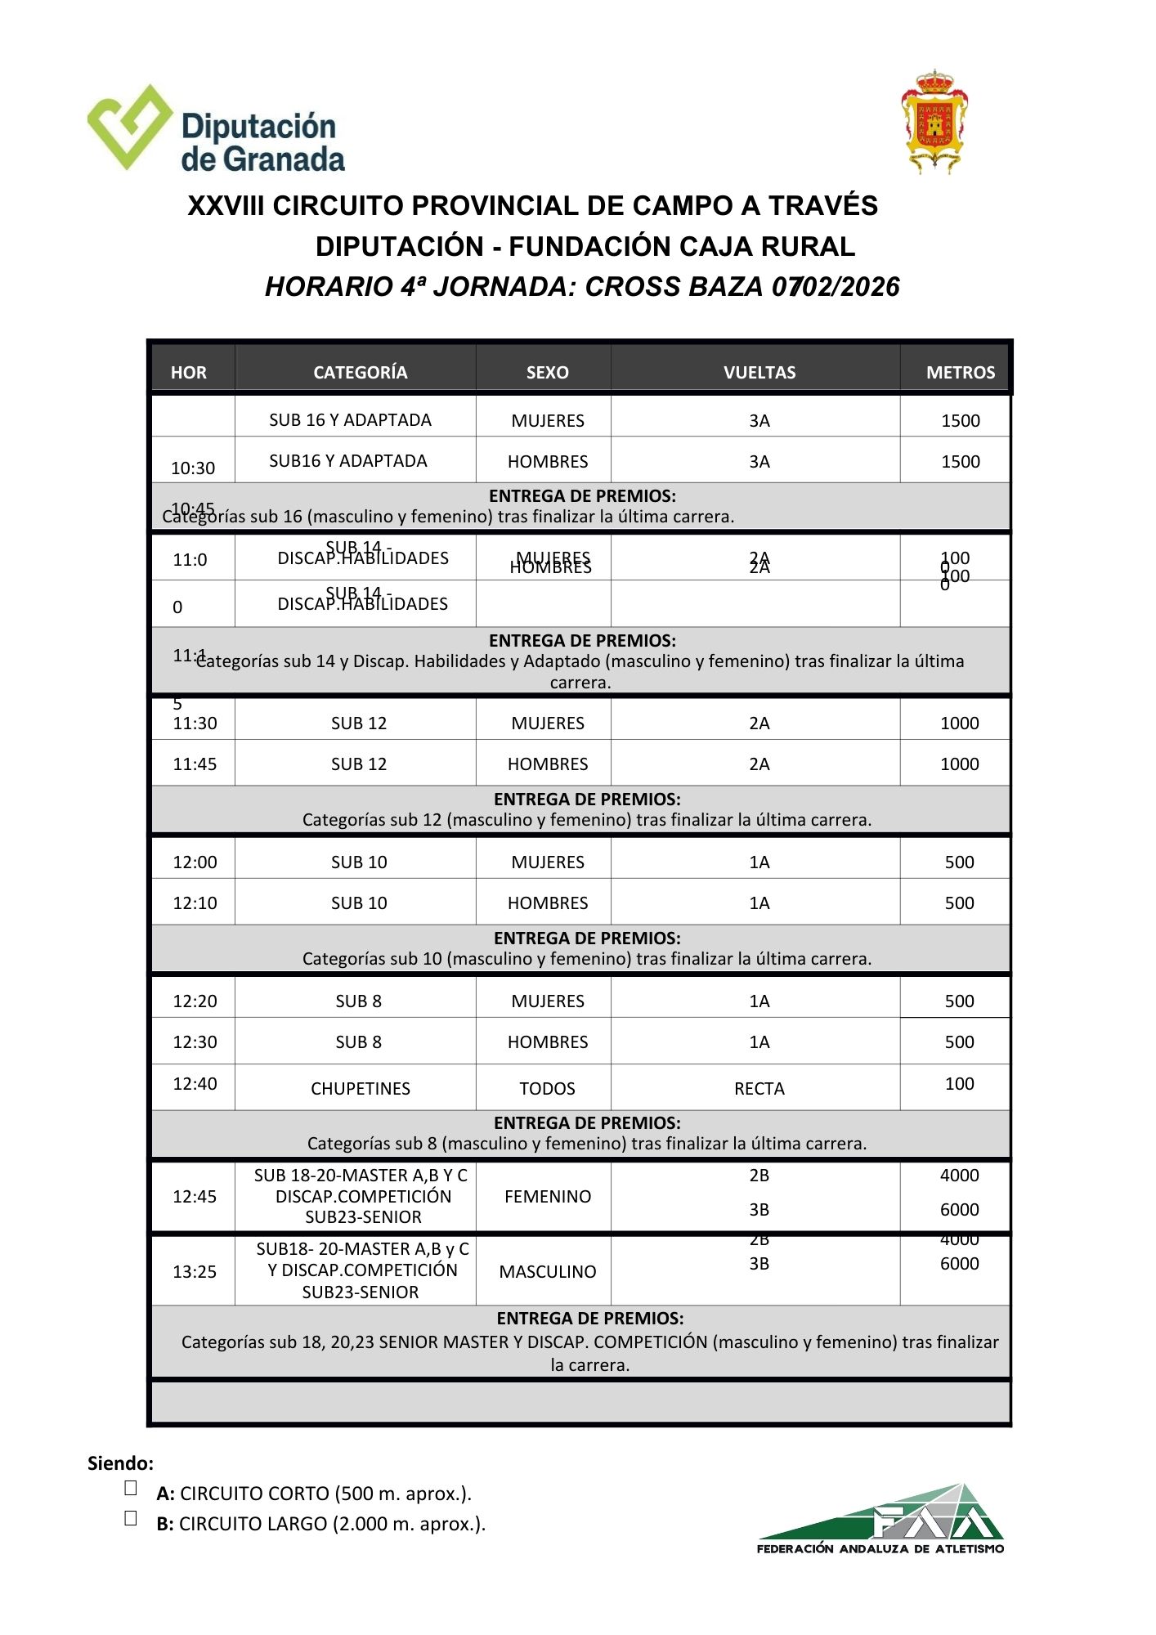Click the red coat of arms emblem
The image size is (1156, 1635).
(934, 122)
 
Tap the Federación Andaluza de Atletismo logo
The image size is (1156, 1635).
(881, 1518)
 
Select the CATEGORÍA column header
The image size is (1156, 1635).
(360, 373)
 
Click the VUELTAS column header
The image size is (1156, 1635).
(759, 373)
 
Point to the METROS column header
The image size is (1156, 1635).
(960, 373)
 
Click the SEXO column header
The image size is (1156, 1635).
(547, 373)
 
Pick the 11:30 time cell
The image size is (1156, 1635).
(195, 723)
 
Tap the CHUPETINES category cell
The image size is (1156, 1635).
(360, 1089)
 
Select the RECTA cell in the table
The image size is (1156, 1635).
(759, 1089)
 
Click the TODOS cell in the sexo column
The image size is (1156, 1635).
(547, 1089)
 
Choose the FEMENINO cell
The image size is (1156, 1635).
(547, 1197)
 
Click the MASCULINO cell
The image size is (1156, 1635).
(547, 1272)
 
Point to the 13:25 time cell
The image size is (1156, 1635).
(195, 1272)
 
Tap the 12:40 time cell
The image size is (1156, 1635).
(195, 1084)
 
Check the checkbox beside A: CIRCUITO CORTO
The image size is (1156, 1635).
(131, 1489)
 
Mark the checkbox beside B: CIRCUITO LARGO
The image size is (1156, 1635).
(131, 1519)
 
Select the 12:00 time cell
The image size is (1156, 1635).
(195, 862)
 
